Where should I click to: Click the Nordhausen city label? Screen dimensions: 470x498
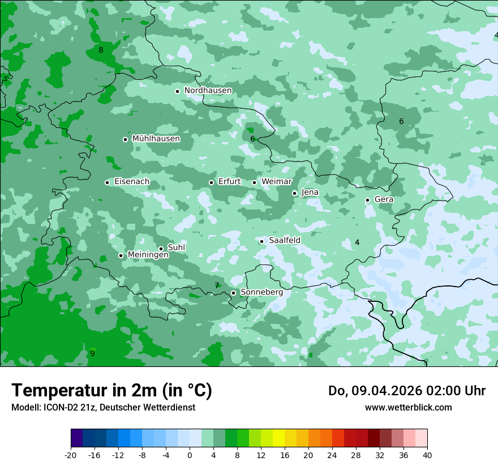coord(208,91)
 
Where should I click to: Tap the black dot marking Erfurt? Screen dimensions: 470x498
coord(211,182)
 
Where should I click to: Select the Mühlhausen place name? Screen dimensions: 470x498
coord(156,139)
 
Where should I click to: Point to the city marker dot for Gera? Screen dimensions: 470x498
coord(367,200)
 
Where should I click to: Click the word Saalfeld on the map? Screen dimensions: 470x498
coord(285,240)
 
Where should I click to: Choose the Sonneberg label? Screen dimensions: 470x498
coord(261,292)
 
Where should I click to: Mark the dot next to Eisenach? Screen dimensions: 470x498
coord(107,182)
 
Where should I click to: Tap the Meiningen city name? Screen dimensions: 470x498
coord(148,255)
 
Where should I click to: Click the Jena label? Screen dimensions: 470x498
coord(310,193)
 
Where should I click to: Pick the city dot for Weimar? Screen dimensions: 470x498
coord(254,182)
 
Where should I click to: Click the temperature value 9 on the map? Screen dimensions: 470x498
coord(92,353)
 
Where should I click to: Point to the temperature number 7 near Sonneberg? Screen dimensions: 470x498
coord(217,285)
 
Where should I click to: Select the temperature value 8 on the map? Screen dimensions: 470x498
coord(101,50)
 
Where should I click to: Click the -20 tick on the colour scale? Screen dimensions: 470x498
coord(71,455)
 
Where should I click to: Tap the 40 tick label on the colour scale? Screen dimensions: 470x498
coord(427,455)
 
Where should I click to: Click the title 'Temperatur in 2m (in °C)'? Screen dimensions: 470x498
coord(111,390)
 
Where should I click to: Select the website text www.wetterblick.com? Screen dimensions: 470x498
coord(408,407)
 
